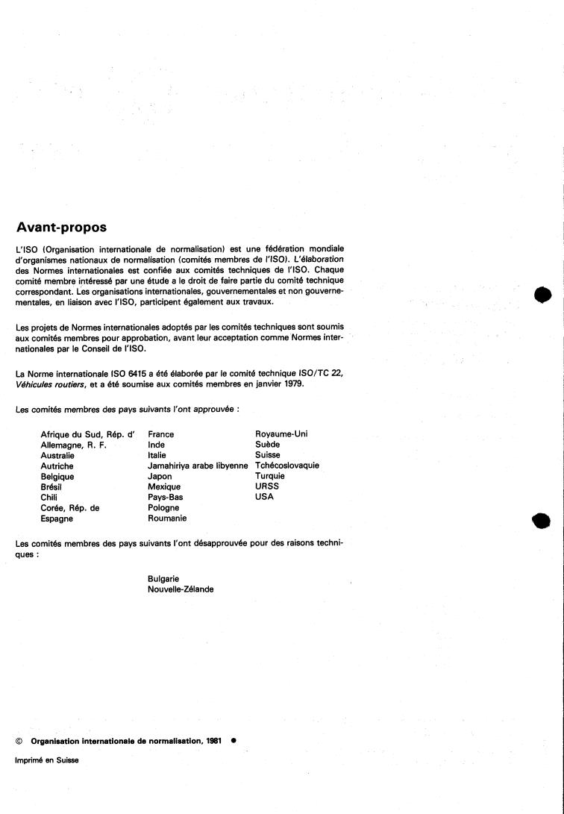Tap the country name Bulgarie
coord(164,578)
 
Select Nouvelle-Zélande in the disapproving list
coord(181,589)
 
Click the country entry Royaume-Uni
coord(281,433)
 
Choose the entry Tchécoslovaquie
coord(287,466)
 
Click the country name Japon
coord(161,476)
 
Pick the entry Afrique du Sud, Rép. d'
coord(87,433)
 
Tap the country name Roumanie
coord(168,518)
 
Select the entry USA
coord(265,497)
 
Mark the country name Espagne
coord(57,518)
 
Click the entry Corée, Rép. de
coord(70,507)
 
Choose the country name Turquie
coord(270,476)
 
